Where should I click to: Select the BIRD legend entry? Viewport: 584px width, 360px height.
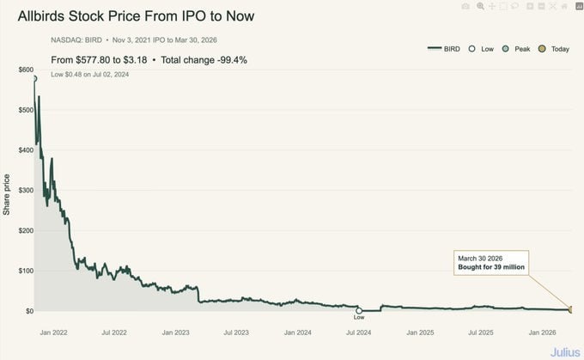[x=445, y=49]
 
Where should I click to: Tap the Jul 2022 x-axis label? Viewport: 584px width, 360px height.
[x=114, y=331]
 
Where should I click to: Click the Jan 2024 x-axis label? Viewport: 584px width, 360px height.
[x=298, y=331]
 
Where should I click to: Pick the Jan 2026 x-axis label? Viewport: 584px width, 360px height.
[x=543, y=331]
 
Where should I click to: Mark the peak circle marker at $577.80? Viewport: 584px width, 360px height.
[x=34, y=79]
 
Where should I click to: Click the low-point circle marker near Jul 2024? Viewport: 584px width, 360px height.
[x=359, y=310]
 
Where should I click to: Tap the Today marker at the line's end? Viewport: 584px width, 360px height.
[x=570, y=309]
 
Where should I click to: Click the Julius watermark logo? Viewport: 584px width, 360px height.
[x=563, y=351]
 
